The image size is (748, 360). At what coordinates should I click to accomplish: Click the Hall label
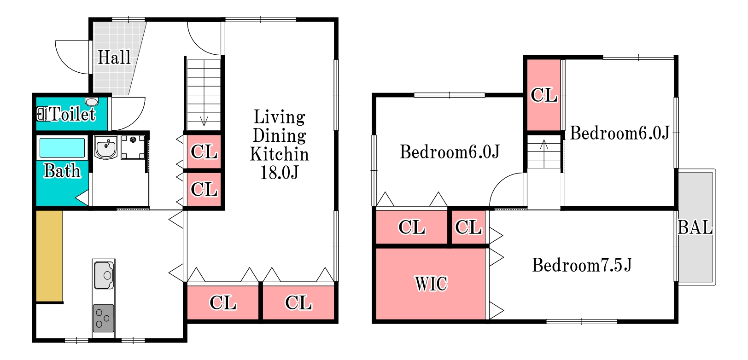114,57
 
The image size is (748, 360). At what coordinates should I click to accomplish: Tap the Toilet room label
72,114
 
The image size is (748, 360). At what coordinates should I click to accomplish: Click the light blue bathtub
62,147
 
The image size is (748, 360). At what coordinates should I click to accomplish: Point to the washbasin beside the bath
106,147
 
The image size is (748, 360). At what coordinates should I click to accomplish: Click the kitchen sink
104,275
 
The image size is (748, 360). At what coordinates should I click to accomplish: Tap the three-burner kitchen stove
104,318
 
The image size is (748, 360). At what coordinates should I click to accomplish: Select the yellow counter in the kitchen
49,256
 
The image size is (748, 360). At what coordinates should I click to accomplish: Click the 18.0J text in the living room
279,173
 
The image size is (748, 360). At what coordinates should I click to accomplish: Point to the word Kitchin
279,154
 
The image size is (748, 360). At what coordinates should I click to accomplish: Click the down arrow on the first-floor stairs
204,122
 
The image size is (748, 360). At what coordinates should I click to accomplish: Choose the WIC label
431,284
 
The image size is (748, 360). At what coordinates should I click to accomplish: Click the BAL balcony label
695,227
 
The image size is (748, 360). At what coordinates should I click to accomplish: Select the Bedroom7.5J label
582,265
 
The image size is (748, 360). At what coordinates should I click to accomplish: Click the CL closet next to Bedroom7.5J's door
468,227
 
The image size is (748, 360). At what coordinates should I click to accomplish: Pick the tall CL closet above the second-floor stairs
543,95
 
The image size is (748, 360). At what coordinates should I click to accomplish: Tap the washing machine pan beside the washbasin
133,147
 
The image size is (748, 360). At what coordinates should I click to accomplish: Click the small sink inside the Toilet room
92,101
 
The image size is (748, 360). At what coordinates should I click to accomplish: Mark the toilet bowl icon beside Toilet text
41,114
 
